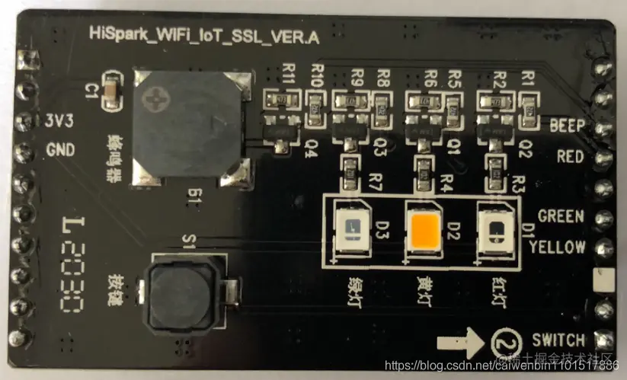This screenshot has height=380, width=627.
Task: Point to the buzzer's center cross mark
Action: [x=158, y=98]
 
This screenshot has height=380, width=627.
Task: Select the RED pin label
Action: [x=571, y=158]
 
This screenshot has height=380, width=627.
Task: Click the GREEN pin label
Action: [x=561, y=216]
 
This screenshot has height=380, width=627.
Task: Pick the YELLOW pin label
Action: [x=557, y=247]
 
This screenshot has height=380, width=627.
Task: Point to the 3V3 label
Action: [x=60, y=121]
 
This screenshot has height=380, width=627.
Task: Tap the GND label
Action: [x=60, y=149]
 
